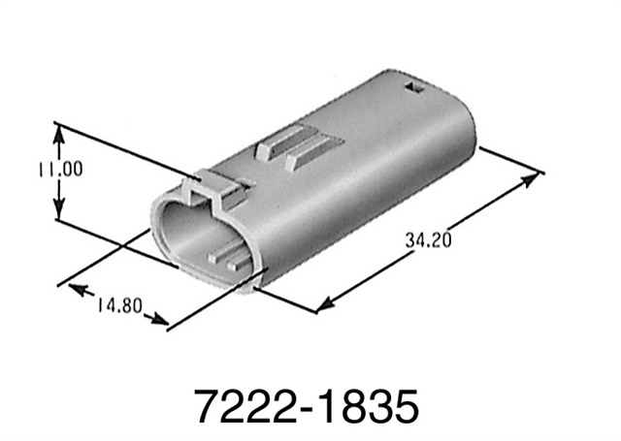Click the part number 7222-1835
(x=307, y=406)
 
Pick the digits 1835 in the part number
(x=370, y=406)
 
